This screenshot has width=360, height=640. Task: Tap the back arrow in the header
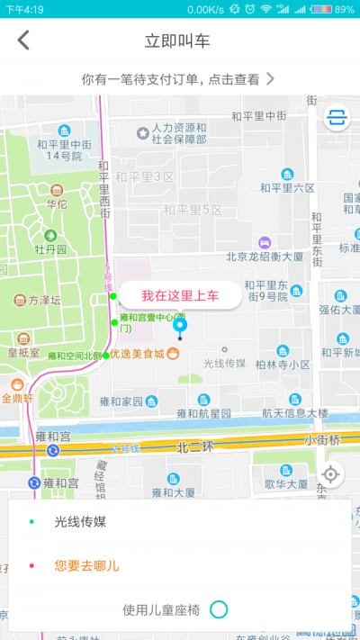tap(23, 40)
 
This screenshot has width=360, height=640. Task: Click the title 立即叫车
tap(178, 41)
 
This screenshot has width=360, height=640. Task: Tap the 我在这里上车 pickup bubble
tap(180, 294)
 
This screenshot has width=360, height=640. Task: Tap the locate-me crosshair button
tap(331, 474)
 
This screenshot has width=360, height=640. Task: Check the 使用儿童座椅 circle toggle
tap(219, 609)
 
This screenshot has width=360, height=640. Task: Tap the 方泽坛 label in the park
tap(43, 301)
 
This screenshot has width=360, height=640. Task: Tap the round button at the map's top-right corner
tap(337, 118)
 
